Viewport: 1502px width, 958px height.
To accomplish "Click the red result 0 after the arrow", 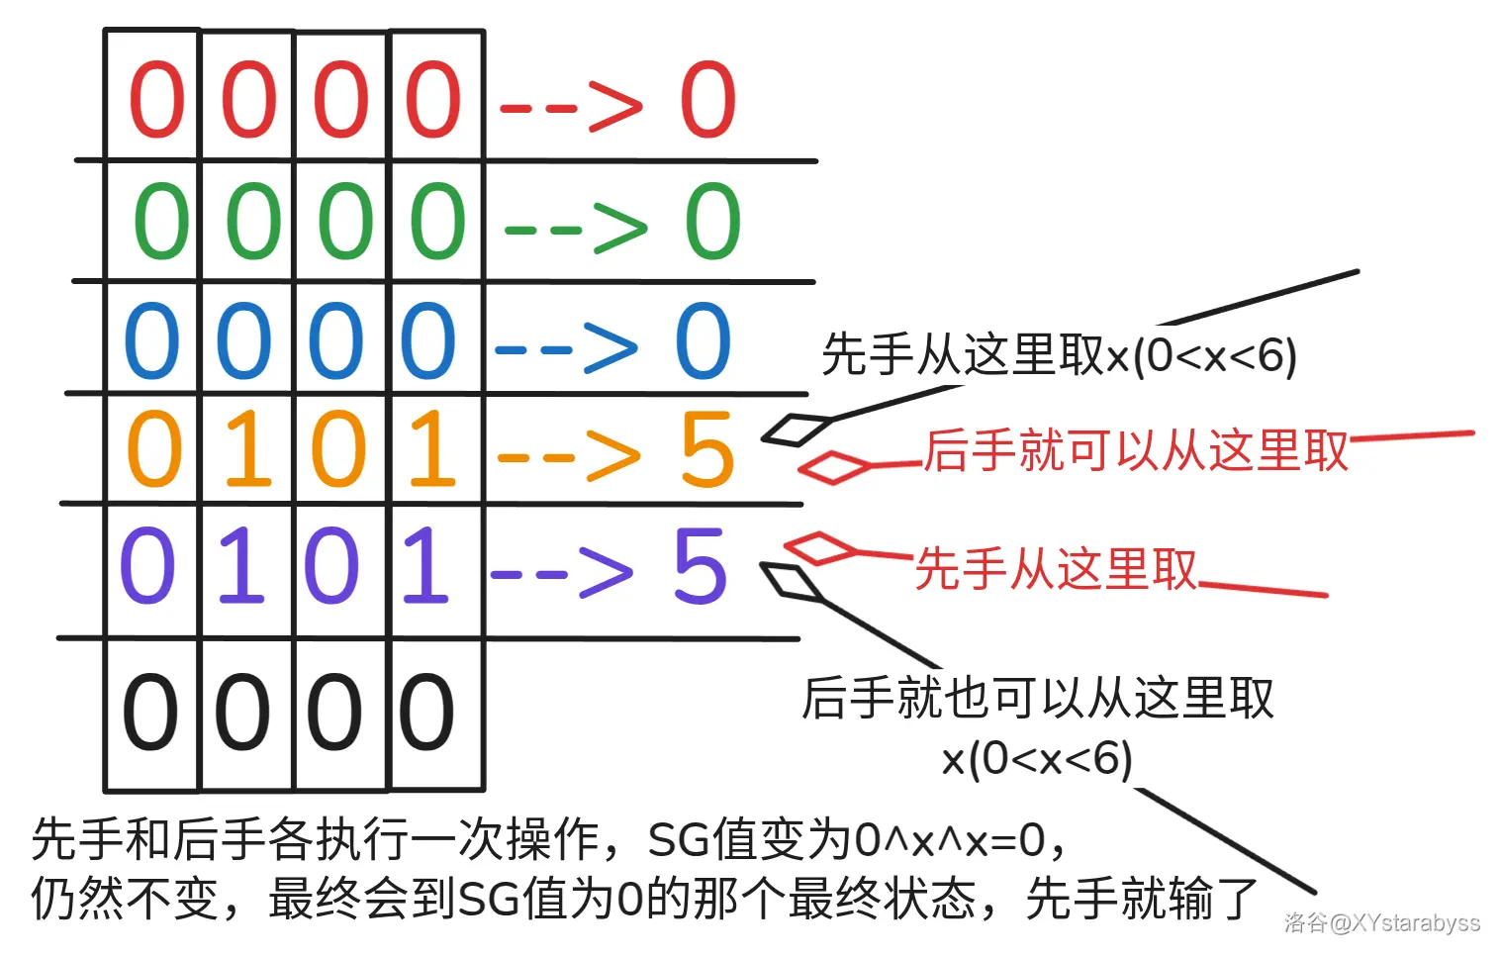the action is [x=708, y=99].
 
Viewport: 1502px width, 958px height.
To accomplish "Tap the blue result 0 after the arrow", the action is [x=703, y=339].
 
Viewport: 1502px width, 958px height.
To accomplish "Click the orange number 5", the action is [x=707, y=448].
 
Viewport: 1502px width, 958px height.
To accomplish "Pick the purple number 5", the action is [x=701, y=565].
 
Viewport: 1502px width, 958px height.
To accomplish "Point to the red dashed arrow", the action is [x=571, y=107].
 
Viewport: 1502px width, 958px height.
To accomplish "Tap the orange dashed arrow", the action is [x=569, y=457].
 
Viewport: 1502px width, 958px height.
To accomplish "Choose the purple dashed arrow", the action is [x=562, y=574].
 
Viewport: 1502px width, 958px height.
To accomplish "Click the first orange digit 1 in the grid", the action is [x=248, y=448].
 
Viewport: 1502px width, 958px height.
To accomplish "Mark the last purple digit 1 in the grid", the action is [x=424, y=565].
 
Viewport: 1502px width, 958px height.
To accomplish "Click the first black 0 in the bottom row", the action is [x=150, y=712].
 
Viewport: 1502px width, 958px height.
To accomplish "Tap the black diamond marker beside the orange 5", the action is [x=796, y=430].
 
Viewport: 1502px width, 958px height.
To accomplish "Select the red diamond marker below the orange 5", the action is [x=834, y=467].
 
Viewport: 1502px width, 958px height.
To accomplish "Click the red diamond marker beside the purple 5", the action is [x=820, y=548].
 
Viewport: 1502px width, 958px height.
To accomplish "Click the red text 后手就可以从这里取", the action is [x=1137, y=450].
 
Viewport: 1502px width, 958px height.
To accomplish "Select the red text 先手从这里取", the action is [x=1056, y=569].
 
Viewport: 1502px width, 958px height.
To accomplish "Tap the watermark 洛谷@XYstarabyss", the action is [x=1382, y=923].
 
